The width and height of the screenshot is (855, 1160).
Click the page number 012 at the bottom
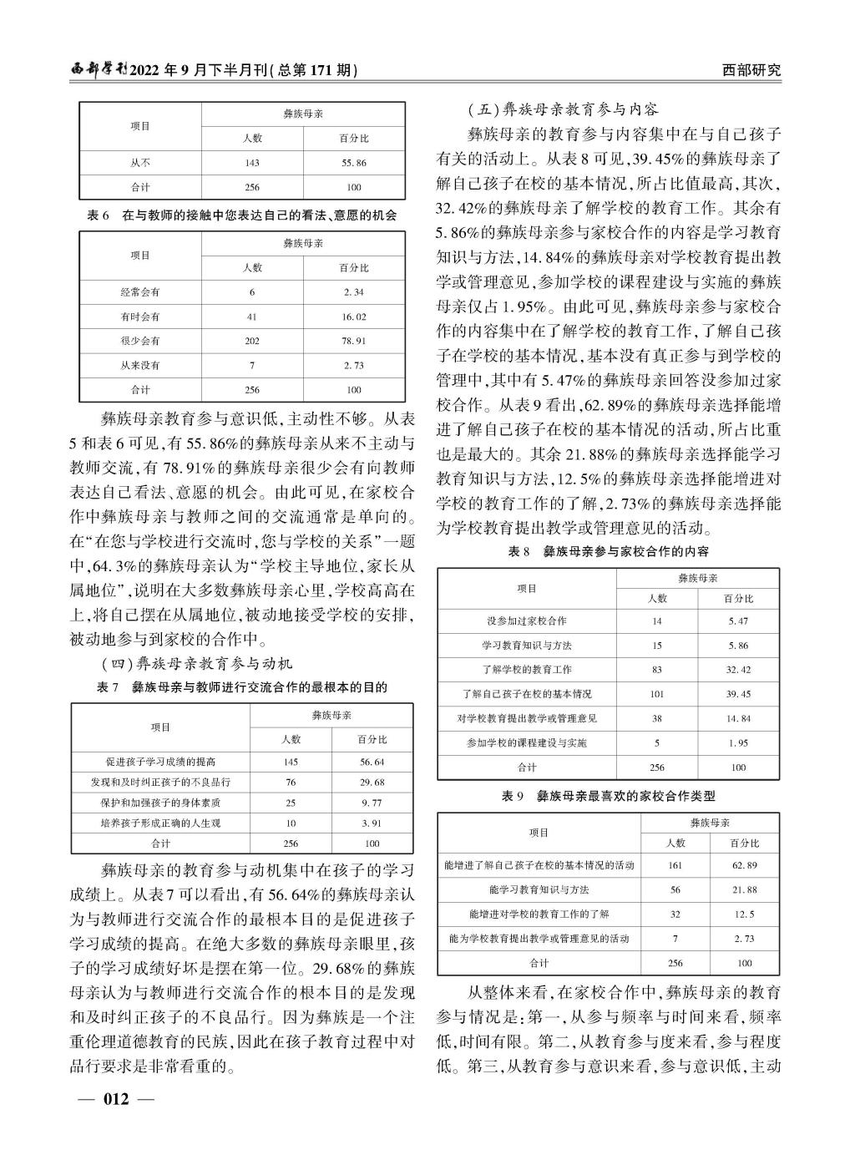[x=115, y=1098]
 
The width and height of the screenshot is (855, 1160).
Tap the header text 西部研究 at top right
[x=751, y=70]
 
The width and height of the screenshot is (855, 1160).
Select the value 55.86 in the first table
[x=353, y=163]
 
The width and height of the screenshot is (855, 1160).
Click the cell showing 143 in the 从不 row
[x=252, y=163]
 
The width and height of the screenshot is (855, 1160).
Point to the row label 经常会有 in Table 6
[x=140, y=292]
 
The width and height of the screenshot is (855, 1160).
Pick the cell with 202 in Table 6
[x=252, y=341]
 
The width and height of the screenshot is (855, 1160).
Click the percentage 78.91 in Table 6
[x=353, y=341]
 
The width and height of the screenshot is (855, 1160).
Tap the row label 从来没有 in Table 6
[x=140, y=365]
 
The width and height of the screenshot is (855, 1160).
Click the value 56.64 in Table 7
[x=372, y=762]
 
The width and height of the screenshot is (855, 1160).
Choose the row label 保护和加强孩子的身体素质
[x=160, y=803]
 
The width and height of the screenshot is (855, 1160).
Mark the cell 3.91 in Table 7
[x=372, y=823]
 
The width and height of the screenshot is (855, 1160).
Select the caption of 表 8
[x=608, y=552]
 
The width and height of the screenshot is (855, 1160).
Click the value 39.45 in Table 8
[x=738, y=694]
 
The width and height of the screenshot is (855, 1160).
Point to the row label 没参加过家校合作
[x=527, y=621]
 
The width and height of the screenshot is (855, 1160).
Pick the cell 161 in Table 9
[x=675, y=865]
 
